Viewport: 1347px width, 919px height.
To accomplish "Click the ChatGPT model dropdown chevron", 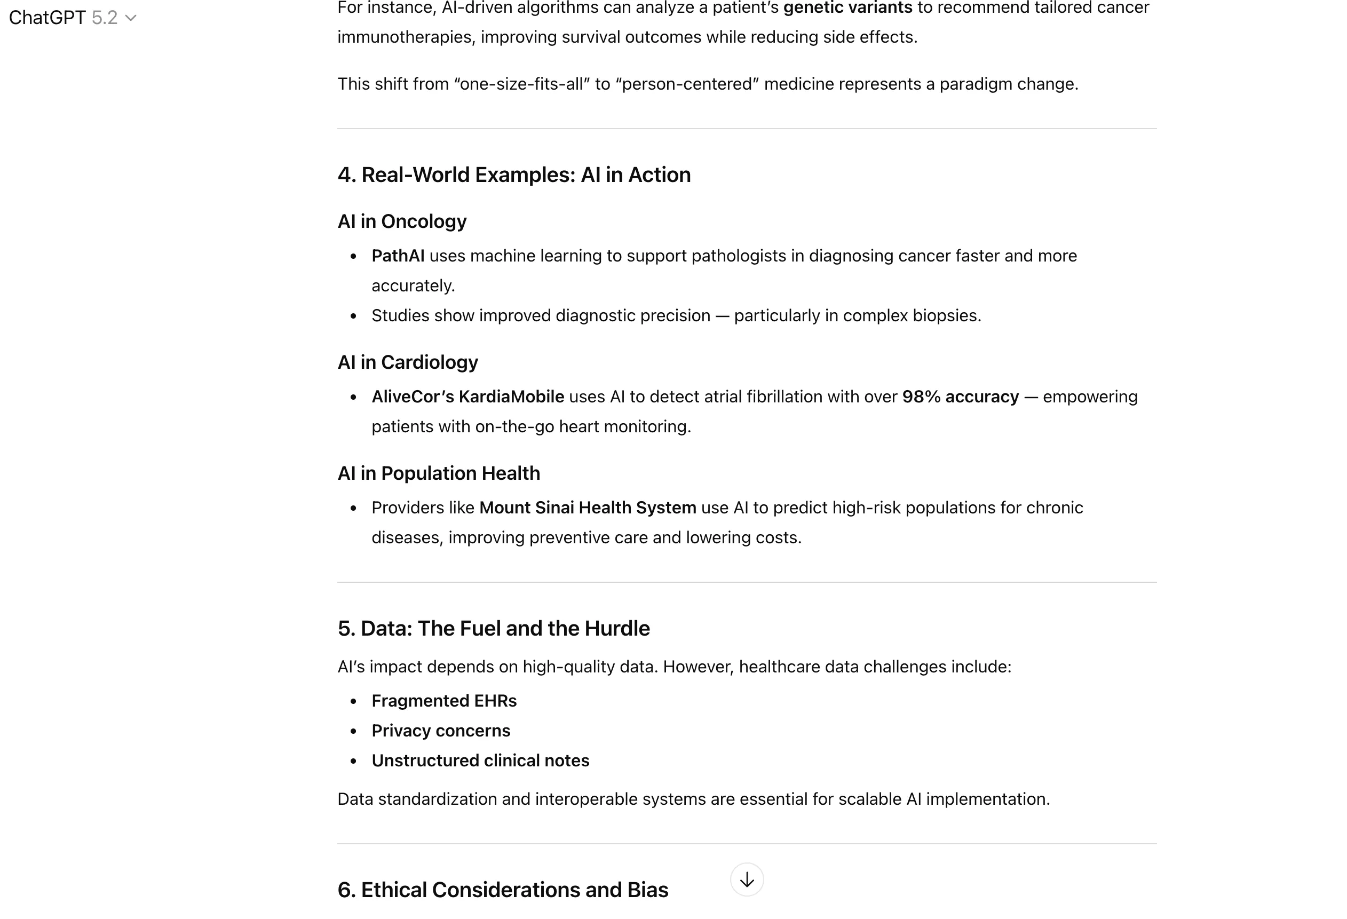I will tap(131, 18).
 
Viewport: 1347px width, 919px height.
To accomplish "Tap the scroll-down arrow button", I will tap(747, 880).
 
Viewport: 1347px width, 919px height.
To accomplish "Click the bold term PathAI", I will tap(398, 256).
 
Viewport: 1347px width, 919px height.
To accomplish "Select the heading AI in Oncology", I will tap(402, 221).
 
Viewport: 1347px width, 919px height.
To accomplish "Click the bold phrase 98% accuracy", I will tap(960, 397).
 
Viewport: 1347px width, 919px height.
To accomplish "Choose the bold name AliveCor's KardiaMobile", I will tap(467, 397).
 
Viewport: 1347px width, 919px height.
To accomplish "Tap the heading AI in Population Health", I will tap(438, 473).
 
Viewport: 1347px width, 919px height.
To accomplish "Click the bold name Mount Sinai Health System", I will tap(587, 508).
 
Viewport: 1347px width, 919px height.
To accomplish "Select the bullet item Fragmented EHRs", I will tap(443, 701).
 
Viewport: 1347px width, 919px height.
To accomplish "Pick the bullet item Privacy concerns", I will tap(440, 731).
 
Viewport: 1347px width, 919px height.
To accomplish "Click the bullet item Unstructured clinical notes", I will tap(480, 760).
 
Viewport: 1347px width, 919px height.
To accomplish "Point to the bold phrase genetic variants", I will tap(847, 7).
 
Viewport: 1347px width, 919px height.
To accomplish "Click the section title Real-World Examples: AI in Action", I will tap(513, 175).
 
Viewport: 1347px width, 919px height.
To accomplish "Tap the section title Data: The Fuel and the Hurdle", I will tap(493, 628).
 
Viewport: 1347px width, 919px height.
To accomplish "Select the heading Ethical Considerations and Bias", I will tap(503, 890).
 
